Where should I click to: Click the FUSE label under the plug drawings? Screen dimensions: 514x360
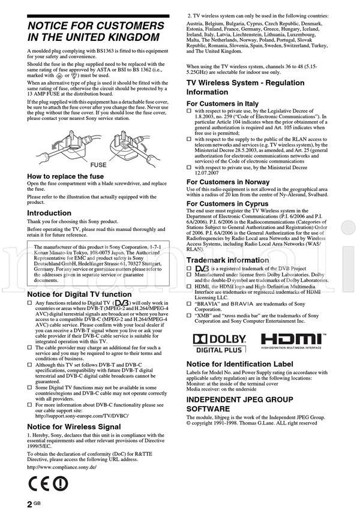[x=98, y=164]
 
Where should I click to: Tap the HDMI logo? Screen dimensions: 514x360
[x=293, y=341]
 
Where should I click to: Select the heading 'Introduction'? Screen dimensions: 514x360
[x=49, y=213]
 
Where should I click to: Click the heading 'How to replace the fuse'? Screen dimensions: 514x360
[x=65, y=176]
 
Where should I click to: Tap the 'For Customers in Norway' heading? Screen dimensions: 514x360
[x=228, y=182]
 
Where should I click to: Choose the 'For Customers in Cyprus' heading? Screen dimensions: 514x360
[x=227, y=204]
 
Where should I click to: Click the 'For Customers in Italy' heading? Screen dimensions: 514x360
[x=222, y=104]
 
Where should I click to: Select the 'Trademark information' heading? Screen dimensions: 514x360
[x=227, y=260]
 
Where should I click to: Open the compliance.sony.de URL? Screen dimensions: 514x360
[x=62, y=467]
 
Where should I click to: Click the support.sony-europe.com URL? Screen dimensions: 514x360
[x=82, y=415]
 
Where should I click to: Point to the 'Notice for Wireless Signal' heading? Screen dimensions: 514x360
[x=74, y=427]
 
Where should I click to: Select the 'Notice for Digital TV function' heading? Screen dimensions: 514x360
[x=79, y=294]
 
